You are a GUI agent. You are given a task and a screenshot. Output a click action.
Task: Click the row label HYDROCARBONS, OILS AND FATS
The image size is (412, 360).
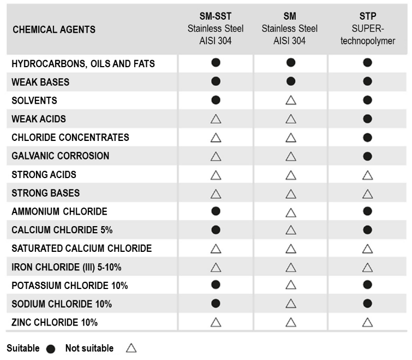coord(83,64)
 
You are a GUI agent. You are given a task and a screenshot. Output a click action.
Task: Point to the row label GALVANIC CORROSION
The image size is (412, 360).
coord(61,156)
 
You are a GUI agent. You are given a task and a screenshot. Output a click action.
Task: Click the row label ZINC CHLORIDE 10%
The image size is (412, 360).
coord(55,322)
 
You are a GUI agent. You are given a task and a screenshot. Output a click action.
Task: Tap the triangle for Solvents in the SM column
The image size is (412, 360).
coord(291,101)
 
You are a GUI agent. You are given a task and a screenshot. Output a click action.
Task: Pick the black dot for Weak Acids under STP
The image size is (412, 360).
coord(368,119)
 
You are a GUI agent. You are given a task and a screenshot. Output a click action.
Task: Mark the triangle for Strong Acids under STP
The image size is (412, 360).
coord(368,175)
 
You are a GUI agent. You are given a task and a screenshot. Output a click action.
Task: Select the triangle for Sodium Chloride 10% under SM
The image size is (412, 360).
coord(291,304)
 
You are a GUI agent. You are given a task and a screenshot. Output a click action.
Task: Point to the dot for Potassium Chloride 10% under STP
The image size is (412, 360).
coord(368,285)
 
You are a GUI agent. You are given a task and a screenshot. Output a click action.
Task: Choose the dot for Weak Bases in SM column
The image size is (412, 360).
coord(291,82)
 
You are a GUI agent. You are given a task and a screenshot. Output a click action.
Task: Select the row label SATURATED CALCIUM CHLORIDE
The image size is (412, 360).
coord(81,249)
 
